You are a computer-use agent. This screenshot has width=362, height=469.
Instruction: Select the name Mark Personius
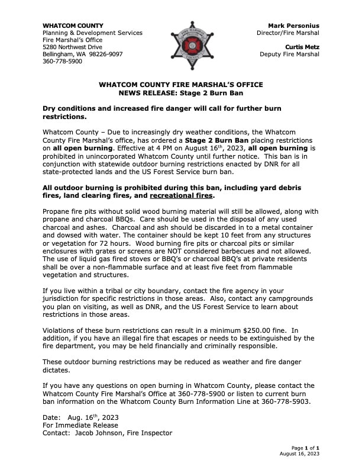293,26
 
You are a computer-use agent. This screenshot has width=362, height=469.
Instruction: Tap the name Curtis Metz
302,47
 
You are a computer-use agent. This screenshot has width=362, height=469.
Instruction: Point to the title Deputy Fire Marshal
289,54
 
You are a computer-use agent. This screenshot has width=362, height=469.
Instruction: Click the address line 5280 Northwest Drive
72,47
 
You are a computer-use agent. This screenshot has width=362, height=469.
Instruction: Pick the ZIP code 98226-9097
106,54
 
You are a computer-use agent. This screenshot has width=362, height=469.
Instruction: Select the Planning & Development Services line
92,33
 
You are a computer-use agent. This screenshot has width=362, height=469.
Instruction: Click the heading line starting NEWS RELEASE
181,94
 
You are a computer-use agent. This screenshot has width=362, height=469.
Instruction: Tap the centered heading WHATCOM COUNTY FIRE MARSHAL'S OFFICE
181,85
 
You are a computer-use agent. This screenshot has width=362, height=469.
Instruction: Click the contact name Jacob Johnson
100,433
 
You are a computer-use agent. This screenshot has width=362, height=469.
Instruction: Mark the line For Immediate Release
80,425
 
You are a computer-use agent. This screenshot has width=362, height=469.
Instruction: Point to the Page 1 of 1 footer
305,448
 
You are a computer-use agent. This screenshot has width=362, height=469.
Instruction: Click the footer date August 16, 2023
299,454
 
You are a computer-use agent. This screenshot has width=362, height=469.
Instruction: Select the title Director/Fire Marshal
290,33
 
